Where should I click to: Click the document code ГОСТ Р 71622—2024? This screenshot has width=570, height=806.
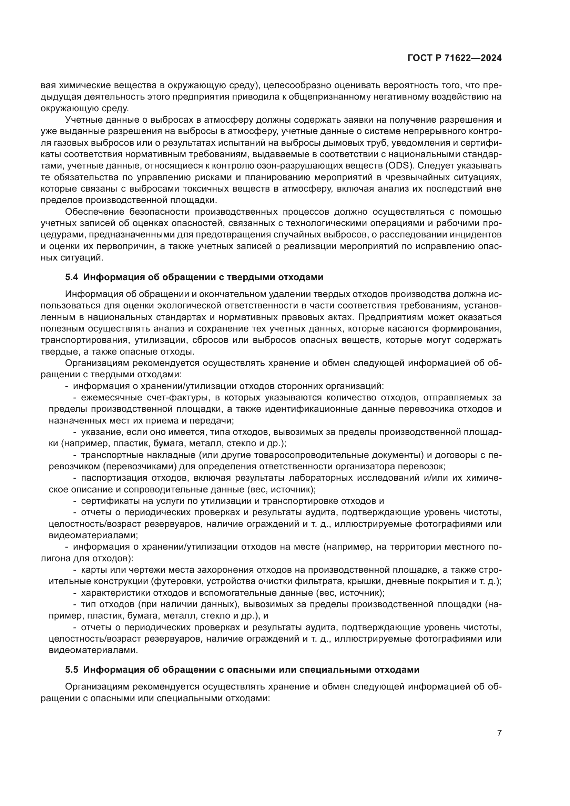click(x=454, y=58)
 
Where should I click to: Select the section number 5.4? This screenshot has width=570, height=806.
click(x=72, y=277)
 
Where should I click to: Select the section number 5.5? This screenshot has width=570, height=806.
click(x=72, y=670)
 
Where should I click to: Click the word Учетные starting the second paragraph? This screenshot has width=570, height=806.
click(x=83, y=120)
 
